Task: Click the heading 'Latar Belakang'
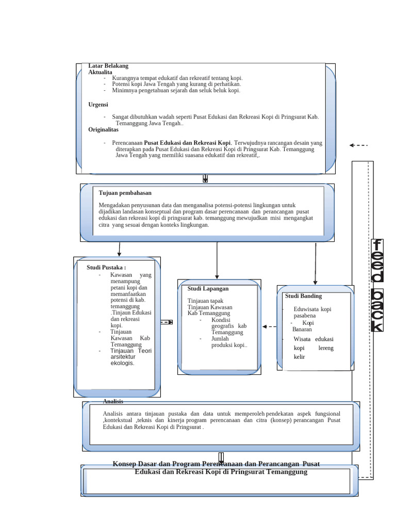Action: [x=108, y=66]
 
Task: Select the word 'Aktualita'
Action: [x=100, y=72]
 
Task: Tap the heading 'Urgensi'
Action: [x=98, y=104]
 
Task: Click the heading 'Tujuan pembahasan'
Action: [x=125, y=193]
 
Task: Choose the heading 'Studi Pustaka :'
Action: [x=106, y=267]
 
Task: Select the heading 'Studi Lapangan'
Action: [x=208, y=289]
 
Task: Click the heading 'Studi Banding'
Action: [x=303, y=296]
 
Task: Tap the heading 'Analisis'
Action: [x=113, y=401]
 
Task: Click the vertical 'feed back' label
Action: [x=377, y=285]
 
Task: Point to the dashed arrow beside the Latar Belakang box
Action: [x=358, y=145]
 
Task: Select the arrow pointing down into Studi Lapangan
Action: [x=217, y=260]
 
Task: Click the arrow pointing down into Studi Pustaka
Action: [x=120, y=249]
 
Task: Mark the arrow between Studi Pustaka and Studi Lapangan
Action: [x=167, y=322]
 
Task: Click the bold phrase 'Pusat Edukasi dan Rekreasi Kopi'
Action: [x=187, y=143]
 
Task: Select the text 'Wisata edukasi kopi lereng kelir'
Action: [x=313, y=348]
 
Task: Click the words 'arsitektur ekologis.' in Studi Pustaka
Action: [x=122, y=359]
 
